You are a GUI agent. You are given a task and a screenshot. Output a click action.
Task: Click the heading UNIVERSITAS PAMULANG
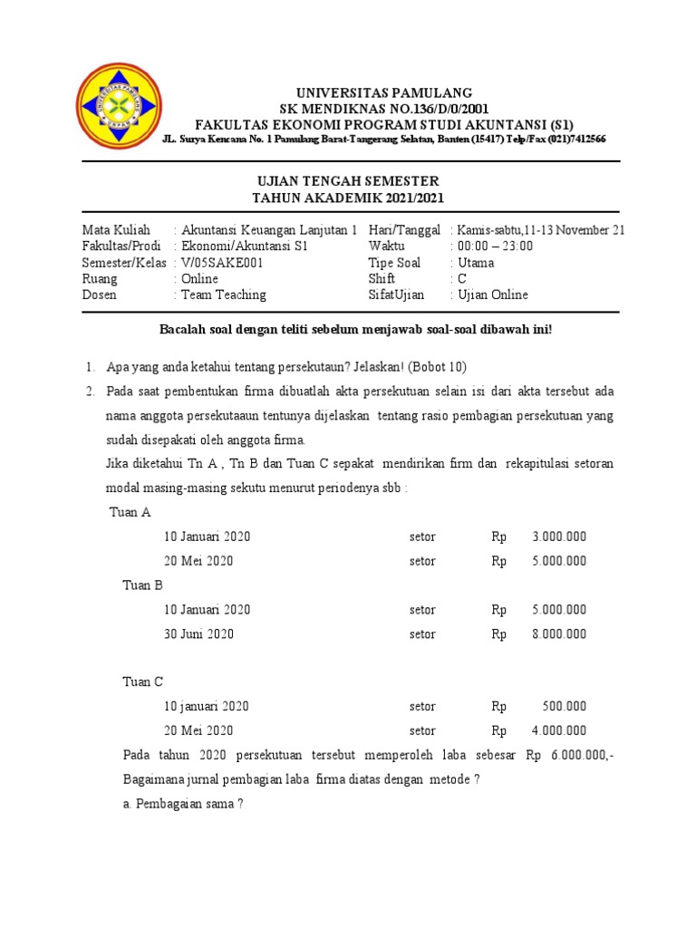pos(385,93)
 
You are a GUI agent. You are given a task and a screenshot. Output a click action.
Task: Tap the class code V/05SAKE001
pos(223,263)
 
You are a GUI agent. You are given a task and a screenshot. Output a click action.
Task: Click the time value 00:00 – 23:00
pos(495,246)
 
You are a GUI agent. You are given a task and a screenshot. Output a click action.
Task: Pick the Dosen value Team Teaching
pos(224,295)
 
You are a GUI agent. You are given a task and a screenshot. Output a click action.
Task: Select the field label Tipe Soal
pos(394,263)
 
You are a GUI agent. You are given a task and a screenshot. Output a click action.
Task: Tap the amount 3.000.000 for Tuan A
pos(559,536)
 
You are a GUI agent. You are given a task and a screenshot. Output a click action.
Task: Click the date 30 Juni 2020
pos(198,634)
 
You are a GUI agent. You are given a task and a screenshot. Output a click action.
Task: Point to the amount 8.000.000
pos(559,634)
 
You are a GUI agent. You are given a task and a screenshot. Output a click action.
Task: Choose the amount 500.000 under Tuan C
pos(565,707)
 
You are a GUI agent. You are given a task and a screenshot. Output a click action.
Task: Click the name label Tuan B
pos(143,585)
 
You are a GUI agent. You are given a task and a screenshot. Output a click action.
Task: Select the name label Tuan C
pos(143,682)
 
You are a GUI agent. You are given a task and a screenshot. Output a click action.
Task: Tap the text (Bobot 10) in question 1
pos(437,367)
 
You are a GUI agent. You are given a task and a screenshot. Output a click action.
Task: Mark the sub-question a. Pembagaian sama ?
pos(183,805)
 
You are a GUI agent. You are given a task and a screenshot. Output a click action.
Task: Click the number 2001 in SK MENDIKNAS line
pos(473,109)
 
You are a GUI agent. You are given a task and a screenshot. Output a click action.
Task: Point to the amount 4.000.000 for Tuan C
pos(559,731)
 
